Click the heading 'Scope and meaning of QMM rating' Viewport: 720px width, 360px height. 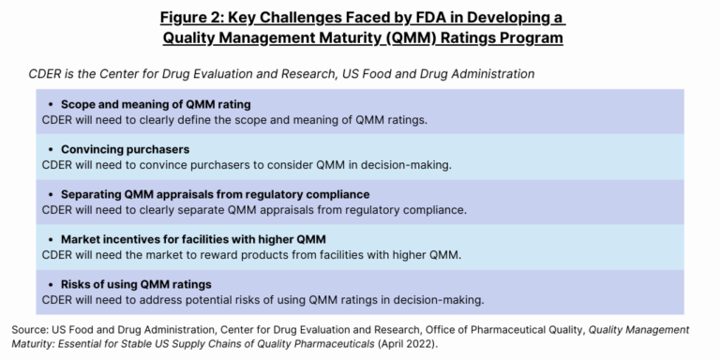click(x=156, y=104)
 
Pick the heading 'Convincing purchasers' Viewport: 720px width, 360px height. click(x=125, y=149)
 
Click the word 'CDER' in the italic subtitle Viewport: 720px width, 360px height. click(x=47, y=72)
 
